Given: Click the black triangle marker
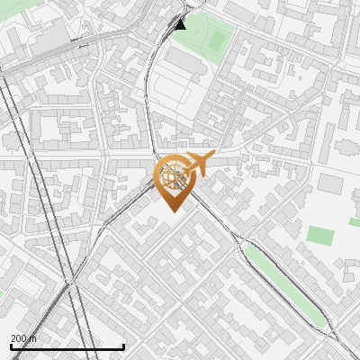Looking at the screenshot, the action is (181, 24).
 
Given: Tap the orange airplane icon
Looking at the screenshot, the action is (199, 165).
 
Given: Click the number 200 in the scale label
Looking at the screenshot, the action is (19, 338).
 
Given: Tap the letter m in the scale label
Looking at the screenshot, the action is (34, 338).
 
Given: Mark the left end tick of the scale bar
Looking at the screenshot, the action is (10, 346).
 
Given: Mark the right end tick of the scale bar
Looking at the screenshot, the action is (123, 346).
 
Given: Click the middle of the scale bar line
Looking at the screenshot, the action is (67, 347).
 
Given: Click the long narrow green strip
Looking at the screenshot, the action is (283, 284).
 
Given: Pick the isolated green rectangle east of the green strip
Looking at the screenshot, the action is (319, 236).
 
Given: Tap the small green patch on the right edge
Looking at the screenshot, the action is (355, 221).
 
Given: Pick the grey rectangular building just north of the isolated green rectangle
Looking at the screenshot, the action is (330, 184).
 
